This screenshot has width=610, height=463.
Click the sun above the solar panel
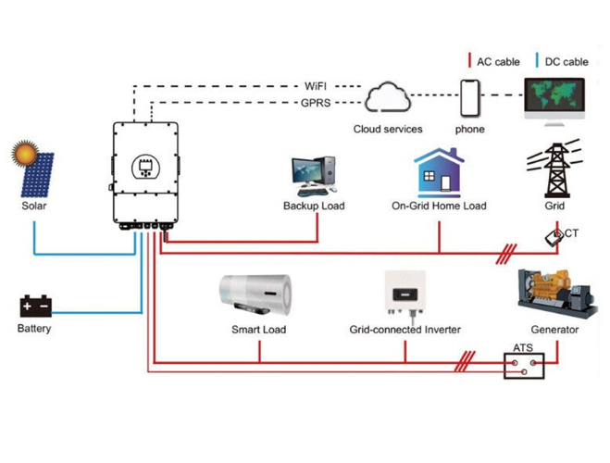click(25, 154)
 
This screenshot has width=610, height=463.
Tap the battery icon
click(36, 307)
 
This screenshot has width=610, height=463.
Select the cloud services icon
click(388, 97)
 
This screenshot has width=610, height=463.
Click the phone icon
click(470, 98)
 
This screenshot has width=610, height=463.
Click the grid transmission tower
click(555, 169)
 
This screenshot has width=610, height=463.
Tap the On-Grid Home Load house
click(439, 173)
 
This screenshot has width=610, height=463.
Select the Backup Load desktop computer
click(314, 176)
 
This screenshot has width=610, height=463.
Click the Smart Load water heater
click(255, 294)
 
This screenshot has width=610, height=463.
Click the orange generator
click(557, 293)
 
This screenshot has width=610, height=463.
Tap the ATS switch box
click(524, 366)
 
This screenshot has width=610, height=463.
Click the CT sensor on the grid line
click(554, 237)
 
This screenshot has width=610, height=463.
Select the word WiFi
click(316, 86)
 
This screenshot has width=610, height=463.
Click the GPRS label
click(316, 103)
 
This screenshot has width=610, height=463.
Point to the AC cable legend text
click(498, 62)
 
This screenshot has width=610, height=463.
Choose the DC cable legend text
click(566, 62)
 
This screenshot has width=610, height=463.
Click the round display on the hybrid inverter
click(146, 167)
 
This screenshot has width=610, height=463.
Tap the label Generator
click(554, 330)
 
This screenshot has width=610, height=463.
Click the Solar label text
click(34, 206)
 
